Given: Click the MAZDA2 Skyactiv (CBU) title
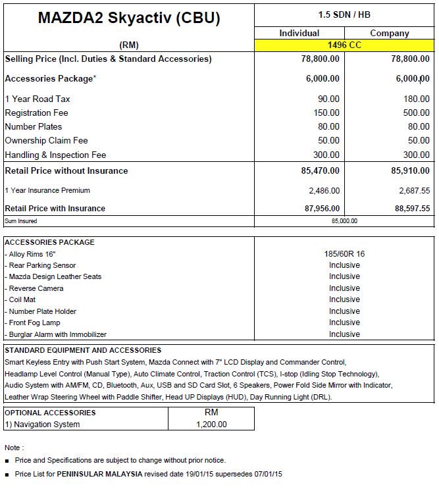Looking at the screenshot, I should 129,18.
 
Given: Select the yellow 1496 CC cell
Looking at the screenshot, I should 344,45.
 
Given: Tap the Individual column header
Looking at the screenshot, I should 299,33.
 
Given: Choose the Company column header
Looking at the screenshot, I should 390,33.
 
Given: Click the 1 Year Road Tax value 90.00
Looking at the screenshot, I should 328,99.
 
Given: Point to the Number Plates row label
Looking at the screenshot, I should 34,126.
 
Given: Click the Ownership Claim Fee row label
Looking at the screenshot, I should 46,140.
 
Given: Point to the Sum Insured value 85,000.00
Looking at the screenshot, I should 344,221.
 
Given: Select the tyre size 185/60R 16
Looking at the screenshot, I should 344,253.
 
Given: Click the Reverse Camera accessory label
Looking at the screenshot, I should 36,288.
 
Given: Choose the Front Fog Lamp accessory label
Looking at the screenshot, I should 34,323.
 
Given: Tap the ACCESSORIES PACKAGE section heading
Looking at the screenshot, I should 49,242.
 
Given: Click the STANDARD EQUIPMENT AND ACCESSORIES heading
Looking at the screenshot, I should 83,350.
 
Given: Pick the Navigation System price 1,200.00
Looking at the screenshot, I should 211,425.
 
